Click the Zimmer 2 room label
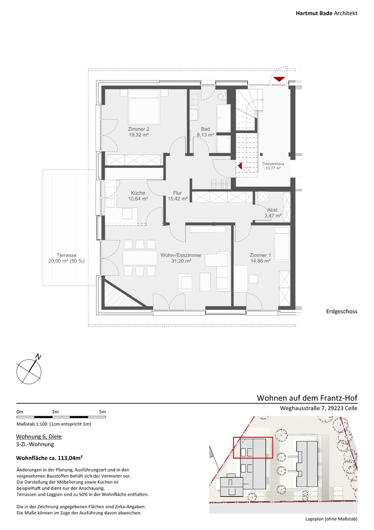coord(138,129)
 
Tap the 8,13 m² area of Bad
coord(205,134)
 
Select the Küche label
coord(138,193)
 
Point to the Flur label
coord(177,193)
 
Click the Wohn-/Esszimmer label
coord(181,255)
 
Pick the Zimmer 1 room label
coord(260,255)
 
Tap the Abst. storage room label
coord(273,210)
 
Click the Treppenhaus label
coord(273,164)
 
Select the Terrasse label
coord(67,255)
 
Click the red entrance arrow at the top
coord(279,79)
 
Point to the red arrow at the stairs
coord(240,166)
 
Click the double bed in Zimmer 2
coord(144,107)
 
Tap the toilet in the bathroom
coord(221,96)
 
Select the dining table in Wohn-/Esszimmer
coord(139,258)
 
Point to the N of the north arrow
coord(39,357)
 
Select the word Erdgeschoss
coord(342,311)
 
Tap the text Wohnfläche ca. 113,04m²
coord(50,458)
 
